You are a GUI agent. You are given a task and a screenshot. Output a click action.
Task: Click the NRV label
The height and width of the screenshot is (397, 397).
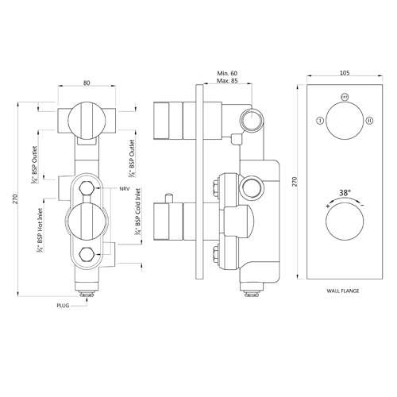point(125,189)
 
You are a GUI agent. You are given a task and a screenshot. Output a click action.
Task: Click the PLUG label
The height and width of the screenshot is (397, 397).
point(63,306)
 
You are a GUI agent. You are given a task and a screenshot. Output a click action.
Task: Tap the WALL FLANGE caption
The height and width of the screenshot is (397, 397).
point(343,291)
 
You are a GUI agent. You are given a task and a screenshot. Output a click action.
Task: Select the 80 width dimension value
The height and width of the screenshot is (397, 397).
point(87,83)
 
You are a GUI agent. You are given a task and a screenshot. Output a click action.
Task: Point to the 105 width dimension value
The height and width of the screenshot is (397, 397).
point(345,72)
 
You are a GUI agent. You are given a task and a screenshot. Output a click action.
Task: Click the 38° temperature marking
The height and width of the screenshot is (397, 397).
point(345,193)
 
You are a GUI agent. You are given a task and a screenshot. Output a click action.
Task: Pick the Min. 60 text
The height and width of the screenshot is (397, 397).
point(227,73)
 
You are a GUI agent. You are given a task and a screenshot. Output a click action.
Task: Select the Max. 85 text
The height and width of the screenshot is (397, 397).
point(227,81)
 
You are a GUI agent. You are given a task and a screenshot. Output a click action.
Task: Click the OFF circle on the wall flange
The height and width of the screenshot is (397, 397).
point(345,97)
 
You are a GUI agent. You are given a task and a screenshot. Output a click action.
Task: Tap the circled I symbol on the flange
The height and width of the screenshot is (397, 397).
point(320,121)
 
